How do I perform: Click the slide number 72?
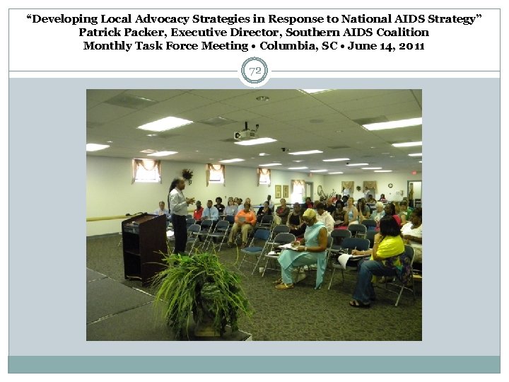(254, 71)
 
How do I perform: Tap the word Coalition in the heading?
(402, 33)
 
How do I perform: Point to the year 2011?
(411, 46)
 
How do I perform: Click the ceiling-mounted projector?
(245, 133)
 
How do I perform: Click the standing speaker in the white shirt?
(178, 212)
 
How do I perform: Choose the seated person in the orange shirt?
(244, 219)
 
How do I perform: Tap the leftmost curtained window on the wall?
(146, 171)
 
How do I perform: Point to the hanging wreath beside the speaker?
(187, 173)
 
